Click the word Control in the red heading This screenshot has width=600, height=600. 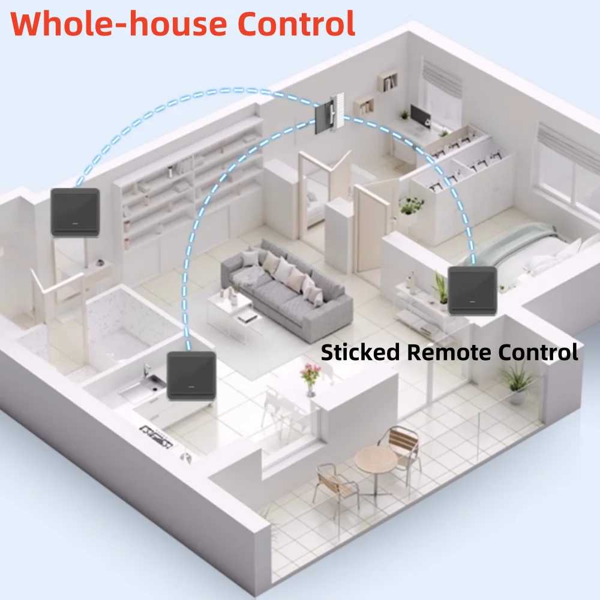tap(296, 24)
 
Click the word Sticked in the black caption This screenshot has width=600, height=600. tap(360, 352)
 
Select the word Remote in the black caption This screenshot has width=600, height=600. tap(448, 352)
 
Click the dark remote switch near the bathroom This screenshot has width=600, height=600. tap(76, 212)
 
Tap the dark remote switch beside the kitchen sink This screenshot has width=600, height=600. tap(192, 376)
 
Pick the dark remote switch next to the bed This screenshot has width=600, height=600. tap(473, 290)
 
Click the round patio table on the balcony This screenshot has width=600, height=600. tap(376, 460)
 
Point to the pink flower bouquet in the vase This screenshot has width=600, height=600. tap(311, 373)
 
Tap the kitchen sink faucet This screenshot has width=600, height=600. tap(146, 371)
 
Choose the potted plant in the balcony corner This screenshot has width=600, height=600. tap(517, 383)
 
